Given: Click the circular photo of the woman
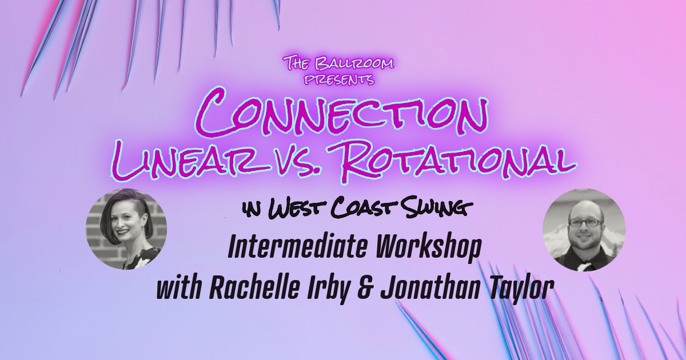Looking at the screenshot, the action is [x=126, y=229].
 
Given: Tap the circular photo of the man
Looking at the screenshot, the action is [x=584, y=230].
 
